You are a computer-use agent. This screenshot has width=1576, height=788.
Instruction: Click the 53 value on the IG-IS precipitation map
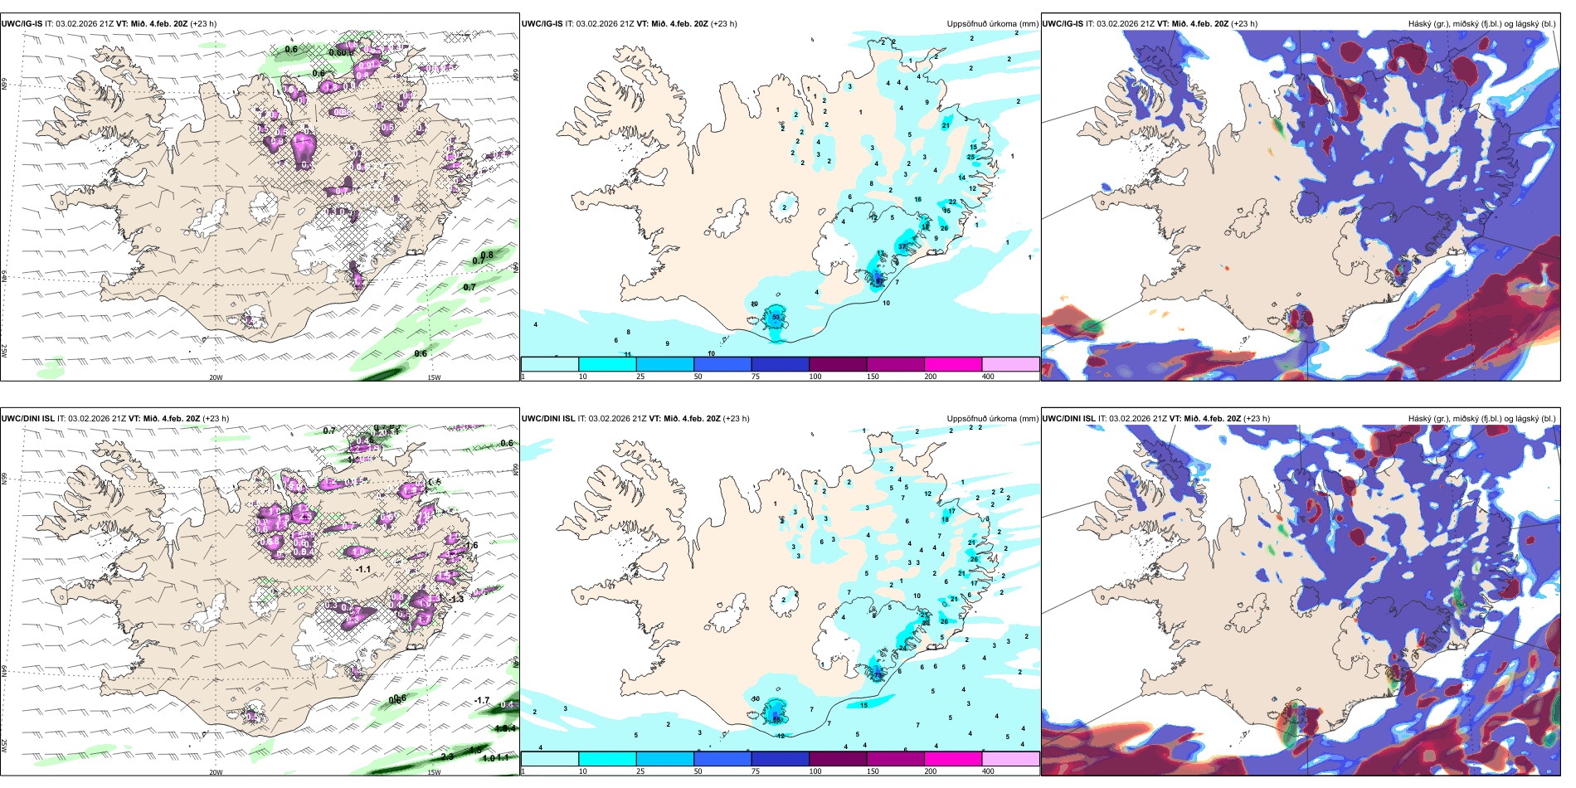[776, 317]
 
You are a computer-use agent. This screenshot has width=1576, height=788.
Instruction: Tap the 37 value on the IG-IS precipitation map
[902, 246]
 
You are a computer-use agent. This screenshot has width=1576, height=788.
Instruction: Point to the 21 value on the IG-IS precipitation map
[946, 125]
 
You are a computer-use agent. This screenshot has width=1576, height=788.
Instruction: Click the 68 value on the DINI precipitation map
[777, 718]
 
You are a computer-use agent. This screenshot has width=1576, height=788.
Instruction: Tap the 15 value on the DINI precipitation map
[863, 705]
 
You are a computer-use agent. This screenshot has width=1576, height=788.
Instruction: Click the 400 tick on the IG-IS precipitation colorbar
[988, 377]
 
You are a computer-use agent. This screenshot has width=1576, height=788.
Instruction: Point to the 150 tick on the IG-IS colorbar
[873, 377]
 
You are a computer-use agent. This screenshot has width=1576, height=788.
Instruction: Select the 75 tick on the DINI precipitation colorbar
[756, 771]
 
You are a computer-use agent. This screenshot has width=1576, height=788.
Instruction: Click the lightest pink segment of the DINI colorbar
[1010, 759]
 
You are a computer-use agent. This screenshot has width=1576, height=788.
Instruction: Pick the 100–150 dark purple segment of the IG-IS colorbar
[838, 364]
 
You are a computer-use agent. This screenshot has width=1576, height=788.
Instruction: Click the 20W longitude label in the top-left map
[216, 377]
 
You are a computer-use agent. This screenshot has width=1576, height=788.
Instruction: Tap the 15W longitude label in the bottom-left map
[433, 772]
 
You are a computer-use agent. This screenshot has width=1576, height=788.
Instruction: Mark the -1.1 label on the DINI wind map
[362, 569]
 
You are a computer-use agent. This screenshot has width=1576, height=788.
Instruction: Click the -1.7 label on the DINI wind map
[482, 701]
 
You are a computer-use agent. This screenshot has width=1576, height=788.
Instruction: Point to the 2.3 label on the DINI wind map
[447, 756]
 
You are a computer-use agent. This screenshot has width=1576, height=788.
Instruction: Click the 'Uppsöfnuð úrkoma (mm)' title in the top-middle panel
[992, 24]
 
